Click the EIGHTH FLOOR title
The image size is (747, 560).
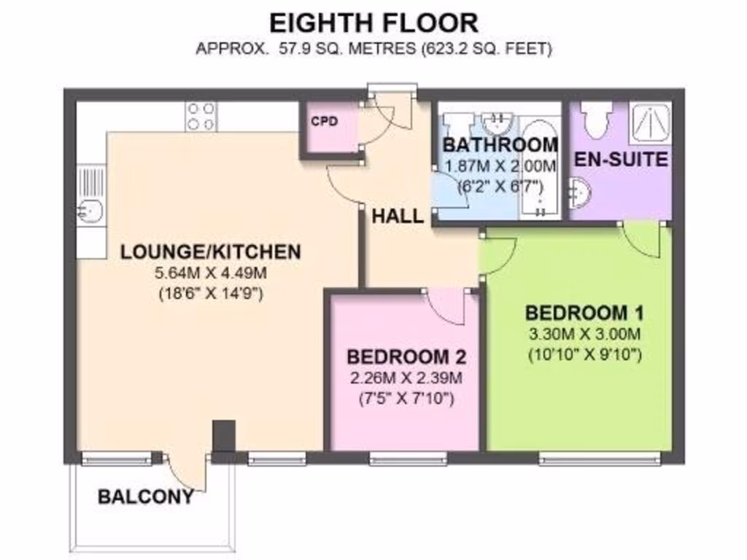pyautogui.click(x=373, y=23)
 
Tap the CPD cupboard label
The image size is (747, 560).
pyautogui.click(x=325, y=121)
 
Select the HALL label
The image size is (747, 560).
pyautogui.click(x=398, y=216)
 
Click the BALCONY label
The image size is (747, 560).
pyautogui.click(x=146, y=497)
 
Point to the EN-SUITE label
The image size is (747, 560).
pyautogui.click(x=621, y=159)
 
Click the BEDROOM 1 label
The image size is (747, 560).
pyautogui.click(x=584, y=314)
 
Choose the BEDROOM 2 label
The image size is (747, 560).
pyautogui.click(x=406, y=357)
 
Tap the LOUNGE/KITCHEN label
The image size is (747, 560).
pyautogui.click(x=210, y=252)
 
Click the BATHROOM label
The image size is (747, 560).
pyautogui.click(x=500, y=144)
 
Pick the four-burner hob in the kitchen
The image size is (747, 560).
pyautogui.click(x=201, y=117)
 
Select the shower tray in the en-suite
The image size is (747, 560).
pyautogui.click(x=650, y=122)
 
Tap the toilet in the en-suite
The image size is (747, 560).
pyautogui.click(x=596, y=120)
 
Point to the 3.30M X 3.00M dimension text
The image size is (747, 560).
pyautogui.click(x=584, y=335)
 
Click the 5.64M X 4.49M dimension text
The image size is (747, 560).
pyautogui.click(x=210, y=274)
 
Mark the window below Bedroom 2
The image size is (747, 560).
pyautogui.click(x=408, y=459)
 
